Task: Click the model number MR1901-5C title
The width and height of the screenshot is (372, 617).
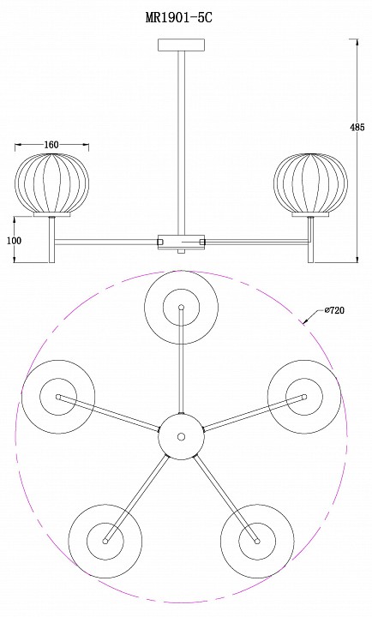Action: coord(179,18)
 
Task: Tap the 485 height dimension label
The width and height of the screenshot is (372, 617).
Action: coord(357,127)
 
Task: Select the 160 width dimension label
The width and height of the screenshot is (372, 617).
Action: coord(51,145)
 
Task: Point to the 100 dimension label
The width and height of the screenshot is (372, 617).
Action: coord(15,241)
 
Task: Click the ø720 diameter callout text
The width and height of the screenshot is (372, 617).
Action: coord(334,310)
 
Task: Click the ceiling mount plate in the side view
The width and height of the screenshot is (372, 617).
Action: coord(181,45)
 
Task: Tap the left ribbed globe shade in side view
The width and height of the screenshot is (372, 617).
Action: coord(52,183)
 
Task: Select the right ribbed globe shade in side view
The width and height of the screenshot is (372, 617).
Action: coord(310,183)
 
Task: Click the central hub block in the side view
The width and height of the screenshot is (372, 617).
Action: coord(182,242)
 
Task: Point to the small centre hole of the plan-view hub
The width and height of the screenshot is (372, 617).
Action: coord(181,436)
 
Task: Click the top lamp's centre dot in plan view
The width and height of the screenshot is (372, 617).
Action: coord(181,307)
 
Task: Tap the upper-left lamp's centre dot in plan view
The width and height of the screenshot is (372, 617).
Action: coord(58,397)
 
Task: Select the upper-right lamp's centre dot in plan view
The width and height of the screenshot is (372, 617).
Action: coord(304,397)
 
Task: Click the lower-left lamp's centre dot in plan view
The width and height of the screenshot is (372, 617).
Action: coord(105,541)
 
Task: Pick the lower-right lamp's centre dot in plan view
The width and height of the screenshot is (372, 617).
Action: coord(257,541)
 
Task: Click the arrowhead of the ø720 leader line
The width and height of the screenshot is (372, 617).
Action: coord(305,322)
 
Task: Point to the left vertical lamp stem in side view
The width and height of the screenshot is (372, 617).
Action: coord(51,240)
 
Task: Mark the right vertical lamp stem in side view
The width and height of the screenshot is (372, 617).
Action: coord(311,240)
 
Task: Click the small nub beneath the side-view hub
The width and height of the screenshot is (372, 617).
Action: coord(181,251)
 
